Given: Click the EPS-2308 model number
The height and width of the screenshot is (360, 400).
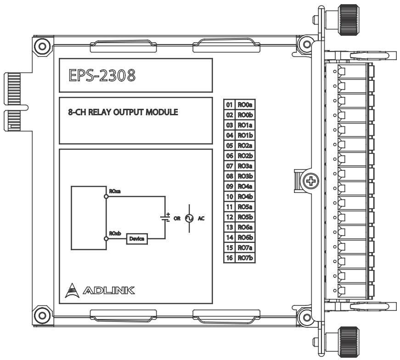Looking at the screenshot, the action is click(x=102, y=75).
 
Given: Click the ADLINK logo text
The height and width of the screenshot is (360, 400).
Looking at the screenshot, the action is click(x=109, y=290).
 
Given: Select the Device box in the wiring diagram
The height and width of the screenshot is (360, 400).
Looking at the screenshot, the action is click(x=137, y=239).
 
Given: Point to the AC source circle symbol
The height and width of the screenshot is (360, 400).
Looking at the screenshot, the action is click(x=189, y=219).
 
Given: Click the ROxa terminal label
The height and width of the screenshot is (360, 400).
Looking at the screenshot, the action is click(x=115, y=191).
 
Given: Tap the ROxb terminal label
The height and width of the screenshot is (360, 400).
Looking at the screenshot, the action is click(x=115, y=233).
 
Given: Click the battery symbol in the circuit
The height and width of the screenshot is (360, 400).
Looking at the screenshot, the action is click(x=165, y=218).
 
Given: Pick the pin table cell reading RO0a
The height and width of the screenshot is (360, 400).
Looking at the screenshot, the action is click(x=245, y=105).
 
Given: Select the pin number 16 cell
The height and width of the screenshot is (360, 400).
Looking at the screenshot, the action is click(x=230, y=258).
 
